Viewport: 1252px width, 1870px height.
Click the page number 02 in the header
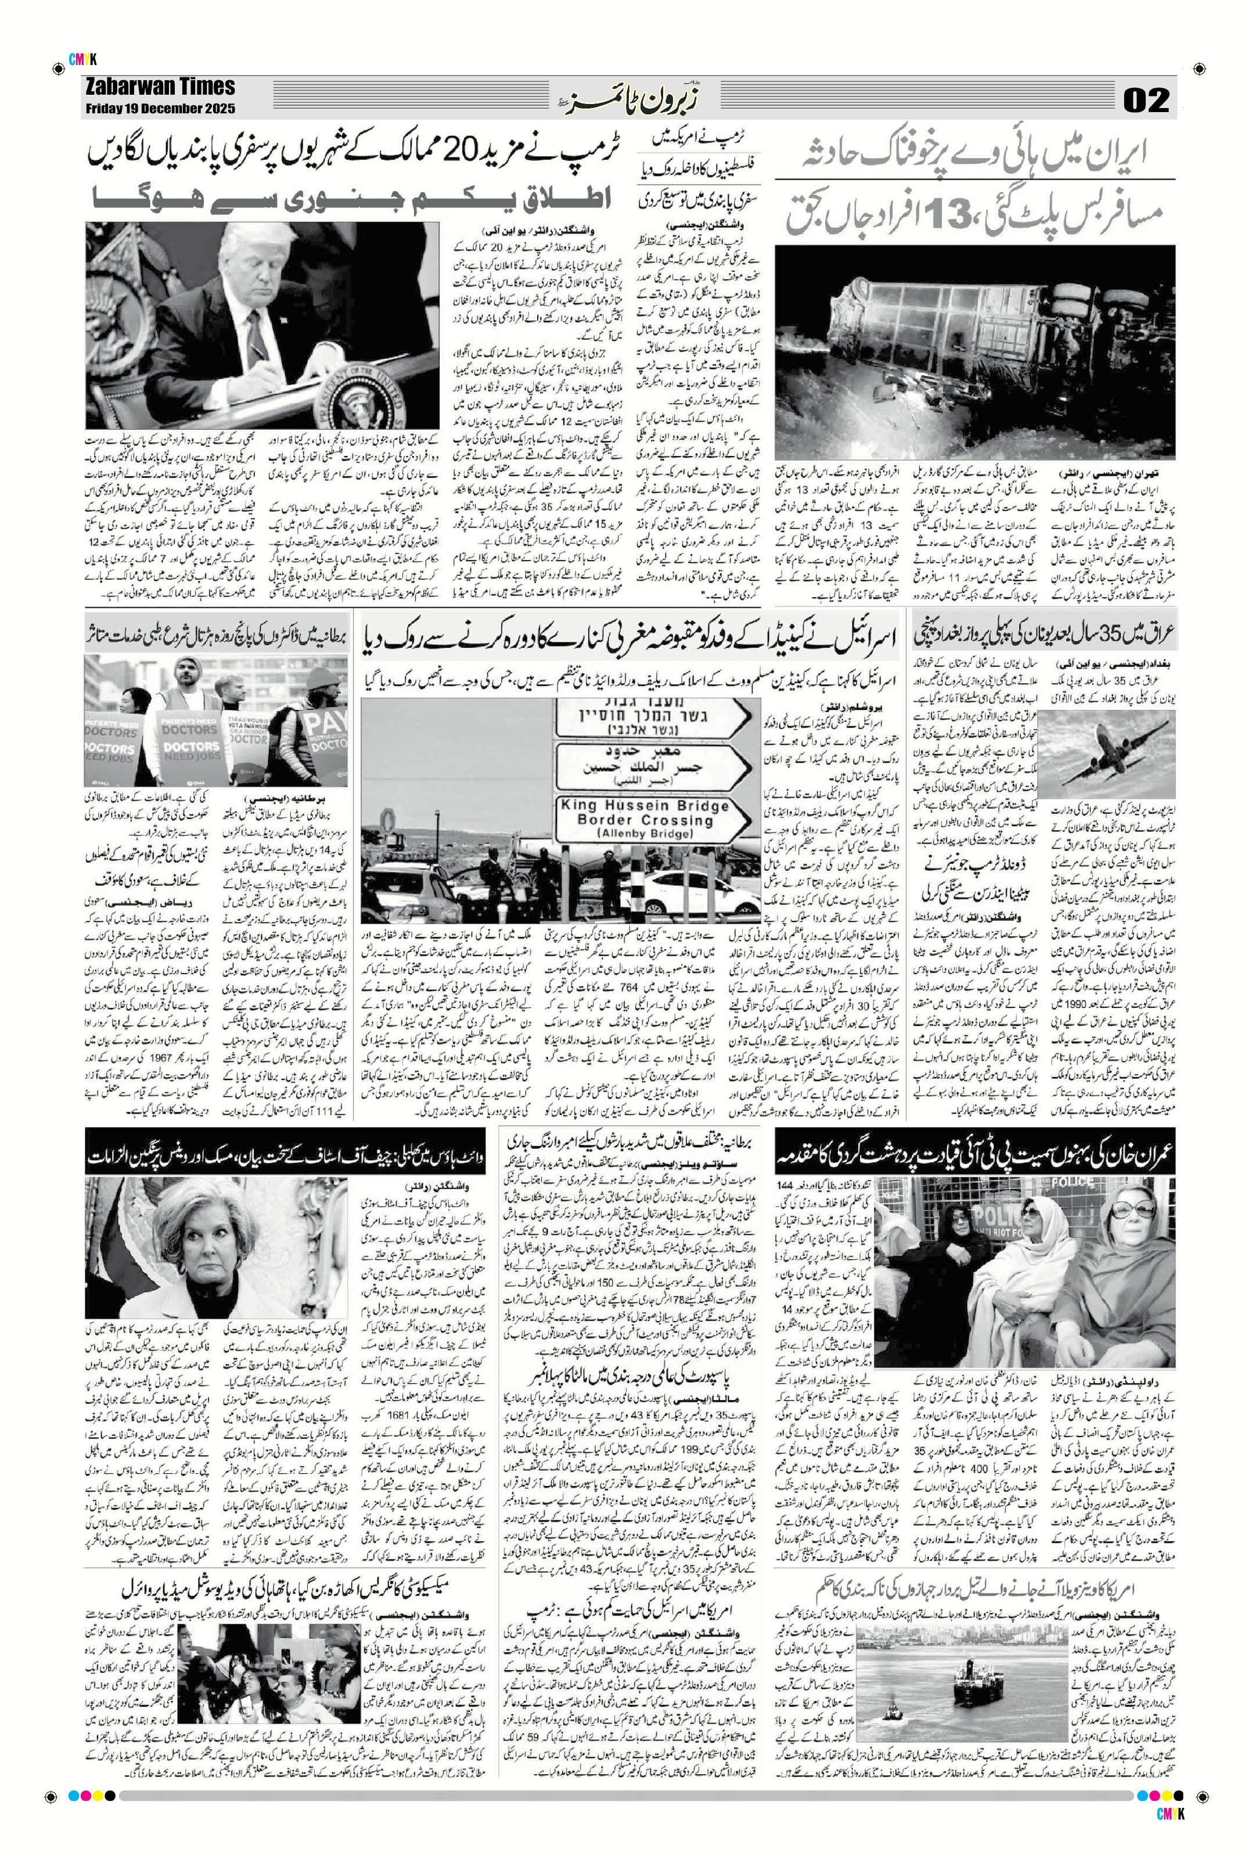coord(1146,100)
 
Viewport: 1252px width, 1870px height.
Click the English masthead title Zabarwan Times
coord(160,87)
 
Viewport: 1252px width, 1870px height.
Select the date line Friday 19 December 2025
coord(160,109)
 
